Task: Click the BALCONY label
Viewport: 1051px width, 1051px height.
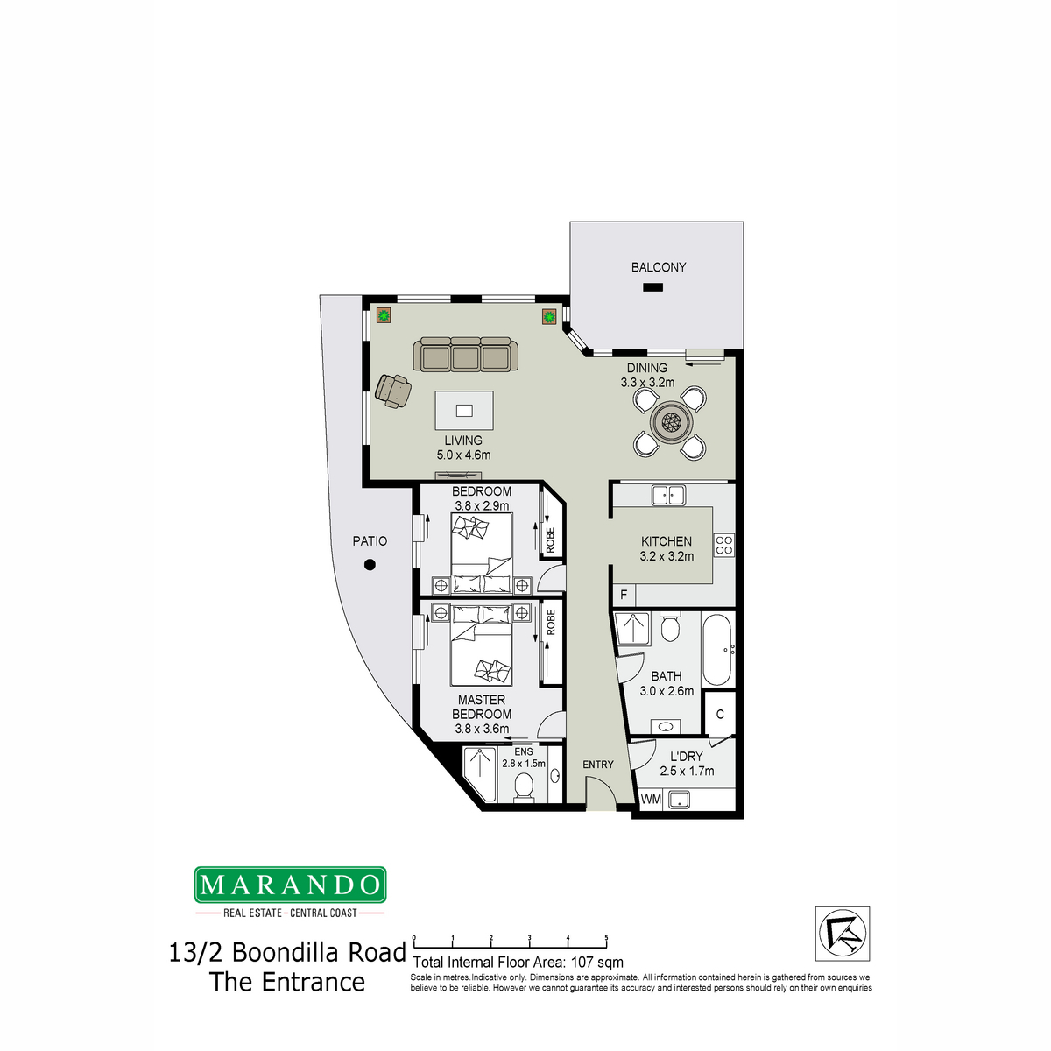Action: click(658, 267)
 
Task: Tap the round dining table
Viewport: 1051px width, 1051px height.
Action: click(670, 421)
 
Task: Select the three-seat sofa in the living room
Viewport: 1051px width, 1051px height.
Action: click(465, 355)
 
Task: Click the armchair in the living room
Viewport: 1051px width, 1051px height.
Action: click(392, 390)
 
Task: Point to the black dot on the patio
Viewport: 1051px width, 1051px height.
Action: click(370, 565)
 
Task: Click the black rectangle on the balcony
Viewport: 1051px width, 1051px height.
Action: click(652, 287)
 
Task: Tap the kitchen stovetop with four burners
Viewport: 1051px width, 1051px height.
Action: click(723, 545)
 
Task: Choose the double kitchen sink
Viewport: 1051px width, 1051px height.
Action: click(668, 496)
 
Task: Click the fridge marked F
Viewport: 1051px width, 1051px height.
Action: click(624, 595)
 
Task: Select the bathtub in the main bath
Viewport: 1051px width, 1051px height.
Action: click(716, 650)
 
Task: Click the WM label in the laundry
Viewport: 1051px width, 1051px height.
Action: click(651, 799)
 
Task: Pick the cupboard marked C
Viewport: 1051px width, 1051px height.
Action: click(720, 715)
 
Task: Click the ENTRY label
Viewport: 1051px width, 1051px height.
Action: click(598, 765)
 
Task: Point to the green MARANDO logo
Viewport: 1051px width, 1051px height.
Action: click(290, 885)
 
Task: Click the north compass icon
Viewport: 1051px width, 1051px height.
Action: click(842, 934)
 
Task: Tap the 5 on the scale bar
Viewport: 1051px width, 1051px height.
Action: click(606, 937)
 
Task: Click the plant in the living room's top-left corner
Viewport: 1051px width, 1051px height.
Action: click(384, 315)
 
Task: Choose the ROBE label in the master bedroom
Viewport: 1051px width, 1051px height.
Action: click(550, 623)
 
